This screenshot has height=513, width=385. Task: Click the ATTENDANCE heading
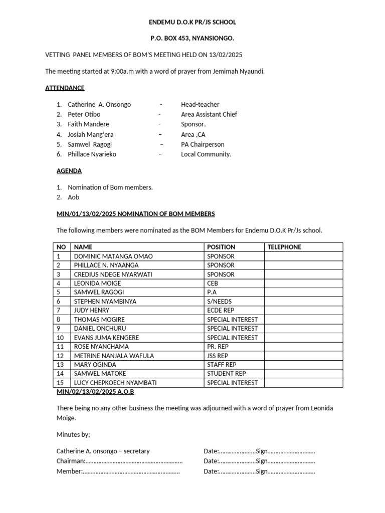[x=65, y=88]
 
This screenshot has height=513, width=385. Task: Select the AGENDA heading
[x=69, y=171]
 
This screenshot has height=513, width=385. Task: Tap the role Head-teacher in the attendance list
[x=200, y=104]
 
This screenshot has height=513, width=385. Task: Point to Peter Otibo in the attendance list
[x=84, y=114]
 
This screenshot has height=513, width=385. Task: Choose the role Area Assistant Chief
[x=209, y=114]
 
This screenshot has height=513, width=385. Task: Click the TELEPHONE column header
[x=284, y=247]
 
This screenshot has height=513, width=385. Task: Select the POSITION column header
[x=221, y=247]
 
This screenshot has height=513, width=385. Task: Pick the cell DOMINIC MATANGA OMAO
[x=113, y=256]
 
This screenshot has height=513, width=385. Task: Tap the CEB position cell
[x=213, y=283]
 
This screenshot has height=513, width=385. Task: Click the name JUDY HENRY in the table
[x=91, y=310]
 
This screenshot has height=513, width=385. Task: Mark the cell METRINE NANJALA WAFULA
[x=114, y=356]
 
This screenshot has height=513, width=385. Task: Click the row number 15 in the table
[x=60, y=383]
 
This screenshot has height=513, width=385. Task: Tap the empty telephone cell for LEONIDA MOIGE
[x=303, y=283]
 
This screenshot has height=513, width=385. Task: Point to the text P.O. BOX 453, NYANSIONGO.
[x=192, y=38]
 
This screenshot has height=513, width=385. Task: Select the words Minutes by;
[x=73, y=434]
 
